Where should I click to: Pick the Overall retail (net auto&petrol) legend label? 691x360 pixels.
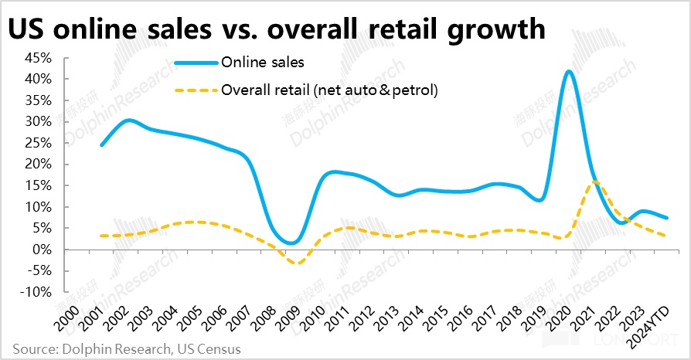(329, 90)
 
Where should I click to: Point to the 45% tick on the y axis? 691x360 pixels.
(39, 58)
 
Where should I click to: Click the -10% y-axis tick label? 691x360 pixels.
(36, 292)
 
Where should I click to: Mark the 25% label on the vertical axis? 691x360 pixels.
(39, 143)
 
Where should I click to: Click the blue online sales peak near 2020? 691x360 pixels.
(570, 72)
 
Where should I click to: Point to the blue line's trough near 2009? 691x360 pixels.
(291, 243)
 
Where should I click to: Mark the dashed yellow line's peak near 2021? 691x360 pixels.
(594, 182)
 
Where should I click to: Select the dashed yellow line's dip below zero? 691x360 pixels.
(294, 263)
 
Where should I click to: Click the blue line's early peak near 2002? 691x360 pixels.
(128, 120)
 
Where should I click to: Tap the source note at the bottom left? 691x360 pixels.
(125, 349)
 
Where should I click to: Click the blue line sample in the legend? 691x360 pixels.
(195, 62)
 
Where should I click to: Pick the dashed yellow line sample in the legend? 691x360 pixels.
(195, 90)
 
